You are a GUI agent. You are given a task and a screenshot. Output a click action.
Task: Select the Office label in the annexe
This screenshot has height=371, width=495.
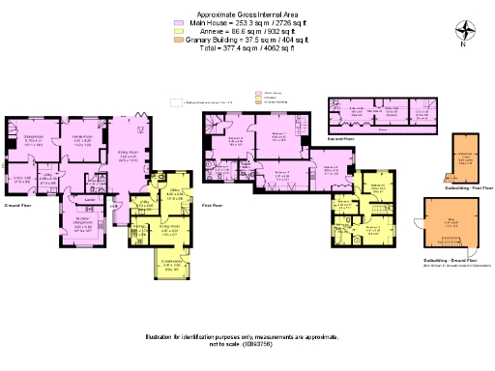tap(176, 192)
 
